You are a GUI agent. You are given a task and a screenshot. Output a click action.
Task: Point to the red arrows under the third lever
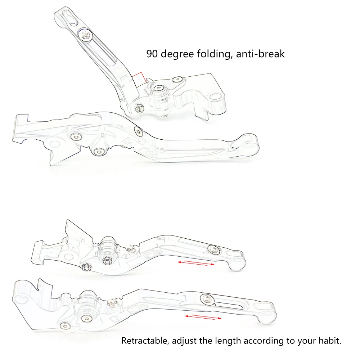(x=195, y=264)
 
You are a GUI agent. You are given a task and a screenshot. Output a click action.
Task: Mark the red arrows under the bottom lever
(x=203, y=317)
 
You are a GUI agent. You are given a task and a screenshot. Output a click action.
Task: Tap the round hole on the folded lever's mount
(x=216, y=96)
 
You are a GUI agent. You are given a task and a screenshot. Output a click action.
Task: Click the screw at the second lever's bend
(x=138, y=131)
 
